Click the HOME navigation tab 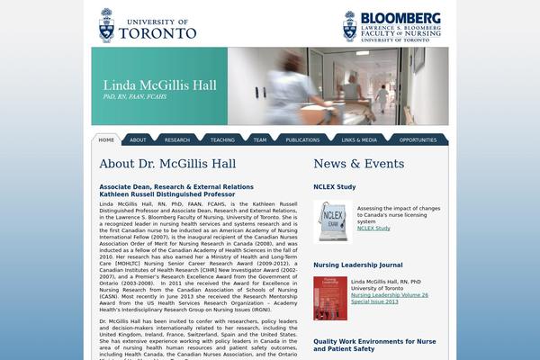(106, 140)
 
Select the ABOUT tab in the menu (138, 140)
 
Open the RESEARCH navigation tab (177, 140)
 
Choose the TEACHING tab (222, 140)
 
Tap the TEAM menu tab (260, 140)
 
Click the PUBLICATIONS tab (302, 140)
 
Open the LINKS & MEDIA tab (359, 140)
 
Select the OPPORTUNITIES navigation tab (418, 140)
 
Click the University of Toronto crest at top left (107, 25)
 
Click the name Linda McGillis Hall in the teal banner (159, 86)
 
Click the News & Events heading (358, 164)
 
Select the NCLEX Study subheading (335, 187)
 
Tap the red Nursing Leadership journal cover (329, 298)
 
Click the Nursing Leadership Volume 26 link (389, 294)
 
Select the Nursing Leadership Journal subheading (358, 265)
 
